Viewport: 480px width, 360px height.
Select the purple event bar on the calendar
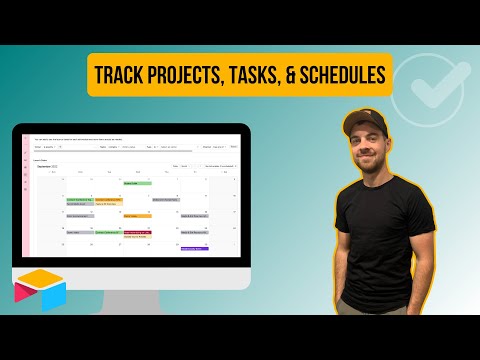coord(194,248)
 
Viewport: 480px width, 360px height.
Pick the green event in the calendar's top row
coord(137,183)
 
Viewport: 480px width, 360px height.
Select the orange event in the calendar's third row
coord(137,215)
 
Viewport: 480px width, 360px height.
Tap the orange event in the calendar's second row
coord(108,199)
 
